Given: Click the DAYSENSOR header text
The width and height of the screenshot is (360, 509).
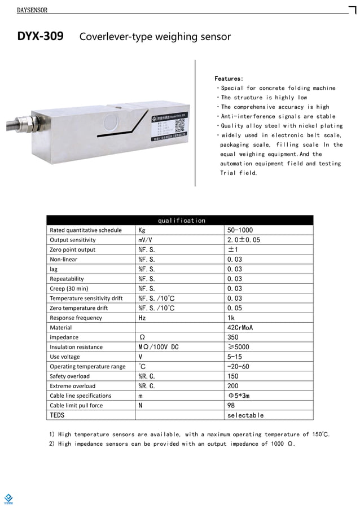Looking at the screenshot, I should pyautogui.click(x=32, y=10).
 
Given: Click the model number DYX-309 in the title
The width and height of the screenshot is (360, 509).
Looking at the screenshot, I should pyautogui.click(x=40, y=37).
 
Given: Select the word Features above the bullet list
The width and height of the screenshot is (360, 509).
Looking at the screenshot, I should pyautogui.click(x=229, y=78).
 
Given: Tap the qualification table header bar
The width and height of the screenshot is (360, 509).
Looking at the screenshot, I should pyautogui.click(x=180, y=220).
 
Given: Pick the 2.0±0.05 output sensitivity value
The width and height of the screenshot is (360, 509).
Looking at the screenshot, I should pyautogui.click(x=243, y=240).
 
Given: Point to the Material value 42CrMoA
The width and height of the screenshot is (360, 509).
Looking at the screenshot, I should pyautogui.click(x=240, y=327).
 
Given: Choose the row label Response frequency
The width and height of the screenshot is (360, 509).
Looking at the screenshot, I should pyautogui.click(x=76, y=318).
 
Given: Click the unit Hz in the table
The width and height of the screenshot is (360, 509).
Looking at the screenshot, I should pyautogui.click(x=142, y=318).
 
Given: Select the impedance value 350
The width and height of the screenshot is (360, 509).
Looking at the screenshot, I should pyautogui.click(x=232, y=337).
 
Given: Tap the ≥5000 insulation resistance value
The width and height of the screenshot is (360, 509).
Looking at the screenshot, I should pyautogui.click(x=237, y=347).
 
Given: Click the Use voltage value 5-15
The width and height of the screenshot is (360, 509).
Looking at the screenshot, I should pyautogui.click(x=235, y=357).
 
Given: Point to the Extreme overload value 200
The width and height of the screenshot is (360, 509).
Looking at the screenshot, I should pyautogui.click(x=232, y=386).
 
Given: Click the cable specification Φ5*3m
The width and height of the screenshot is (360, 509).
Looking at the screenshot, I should pyautogui.click(x=238, y=396).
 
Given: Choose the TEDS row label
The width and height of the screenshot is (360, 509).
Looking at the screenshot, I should pyautogui.click(x=57, y=415).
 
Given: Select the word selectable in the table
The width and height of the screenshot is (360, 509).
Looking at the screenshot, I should pyautogui.click(x=245, y=415).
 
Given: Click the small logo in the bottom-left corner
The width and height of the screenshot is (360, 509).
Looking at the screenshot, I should pyautogui.click(x=8, y=498).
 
